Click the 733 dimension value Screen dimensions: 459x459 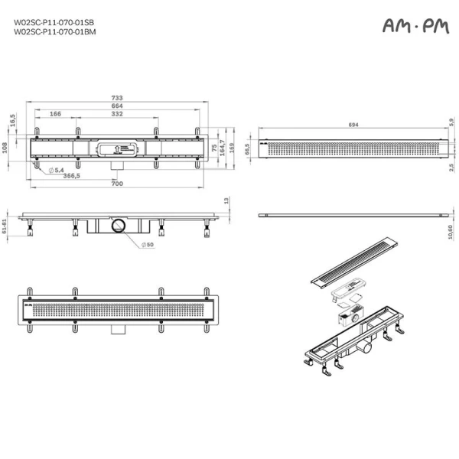(x=116, y=98)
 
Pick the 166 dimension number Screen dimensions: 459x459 (x=55, y=114)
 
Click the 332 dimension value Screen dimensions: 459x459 (x=116, y=114)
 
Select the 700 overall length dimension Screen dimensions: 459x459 (x=116, y=184)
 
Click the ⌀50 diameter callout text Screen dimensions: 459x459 (x=147, y=245)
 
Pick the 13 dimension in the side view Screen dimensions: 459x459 (x=226, y=200)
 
